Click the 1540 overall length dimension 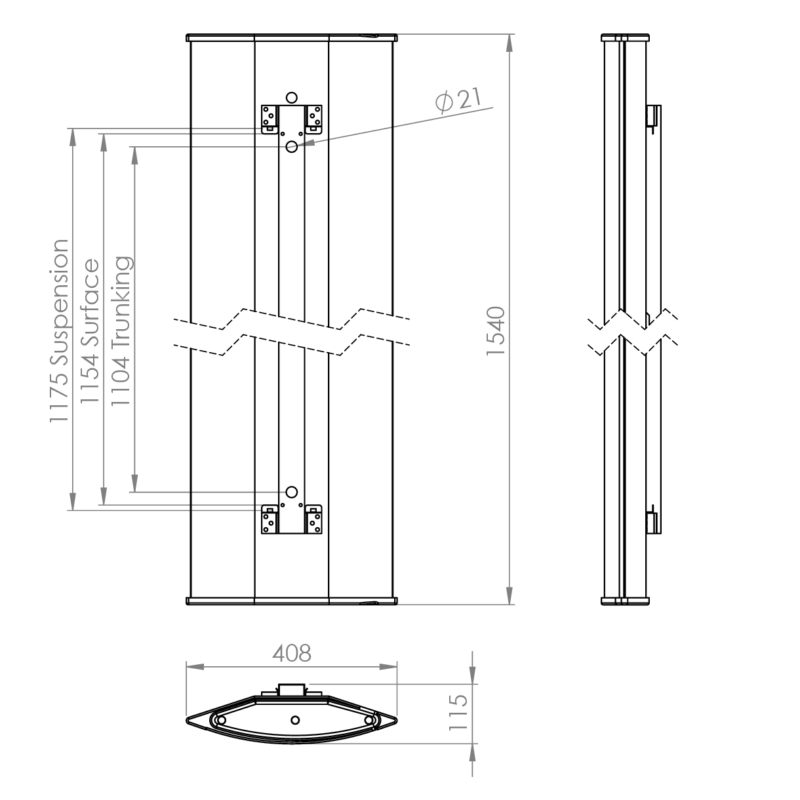496,330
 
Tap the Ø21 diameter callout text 458,100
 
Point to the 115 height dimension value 458,711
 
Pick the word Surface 90,302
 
